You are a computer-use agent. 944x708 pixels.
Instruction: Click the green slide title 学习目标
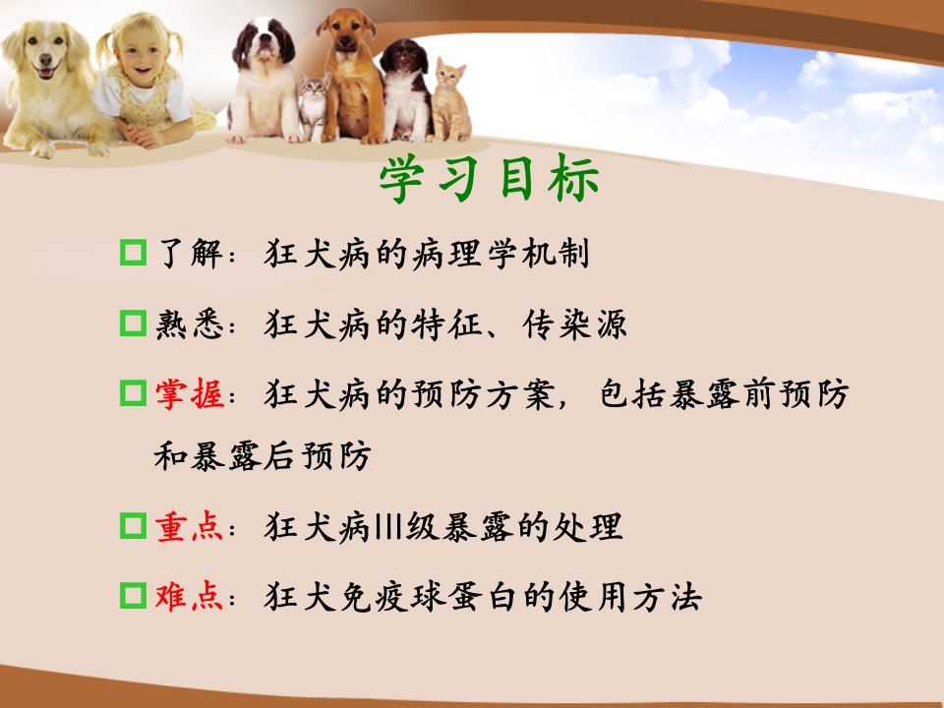[x=489, y=178]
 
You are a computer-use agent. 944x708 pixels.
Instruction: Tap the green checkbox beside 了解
[x=133, y=253]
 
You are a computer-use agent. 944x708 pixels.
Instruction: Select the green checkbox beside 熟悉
[x=133, y=324]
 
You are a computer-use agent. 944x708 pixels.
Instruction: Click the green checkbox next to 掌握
[x=133, y=393]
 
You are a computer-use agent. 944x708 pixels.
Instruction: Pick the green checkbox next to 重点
[x=133, y=525]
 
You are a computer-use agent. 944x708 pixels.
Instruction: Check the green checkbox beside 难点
[x=133, y=596]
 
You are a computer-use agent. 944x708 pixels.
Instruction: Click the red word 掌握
[x=190, y=393]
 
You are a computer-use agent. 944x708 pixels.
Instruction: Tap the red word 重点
[x=190, y=526]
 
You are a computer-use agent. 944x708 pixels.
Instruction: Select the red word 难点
[x=190, y=596]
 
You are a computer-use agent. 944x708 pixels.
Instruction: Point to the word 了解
[x=190, y=253]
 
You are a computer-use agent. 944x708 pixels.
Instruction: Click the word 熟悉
[x=190, y=324]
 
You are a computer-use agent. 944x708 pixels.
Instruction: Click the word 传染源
[x=575, y=324]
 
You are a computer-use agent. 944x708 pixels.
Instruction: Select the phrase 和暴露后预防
[x=263, y=455]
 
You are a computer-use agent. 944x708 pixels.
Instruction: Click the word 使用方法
[x=630, y=597]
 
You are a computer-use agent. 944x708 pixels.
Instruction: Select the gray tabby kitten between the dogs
[x=314, y=107]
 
